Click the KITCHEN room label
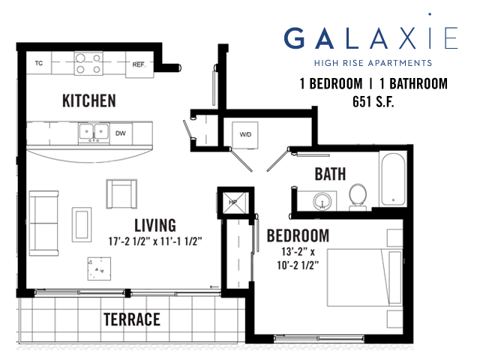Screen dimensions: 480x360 (89, 100)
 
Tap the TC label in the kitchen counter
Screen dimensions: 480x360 (39, 63)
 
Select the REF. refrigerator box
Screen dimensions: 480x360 (139, 64)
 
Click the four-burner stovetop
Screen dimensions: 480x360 (88, 63)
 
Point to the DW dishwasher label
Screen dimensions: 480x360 (121, 133)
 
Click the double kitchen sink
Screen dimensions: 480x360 (94, 133)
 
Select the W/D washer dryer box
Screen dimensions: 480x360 (245, 135)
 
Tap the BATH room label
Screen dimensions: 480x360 (330, 174)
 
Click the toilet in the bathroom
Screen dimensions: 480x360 (358, 197)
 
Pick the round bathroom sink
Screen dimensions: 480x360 (322, 202)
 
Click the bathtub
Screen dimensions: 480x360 (393, 179)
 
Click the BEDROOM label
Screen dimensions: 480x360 (298, 236)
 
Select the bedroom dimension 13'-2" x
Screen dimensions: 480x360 (298, 252)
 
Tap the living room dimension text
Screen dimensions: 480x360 (155, 241)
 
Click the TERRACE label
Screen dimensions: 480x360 (132, 319)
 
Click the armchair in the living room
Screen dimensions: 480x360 (121, 194)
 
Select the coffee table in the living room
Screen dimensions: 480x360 (82, 224)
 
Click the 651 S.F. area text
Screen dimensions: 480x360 (373, 102)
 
